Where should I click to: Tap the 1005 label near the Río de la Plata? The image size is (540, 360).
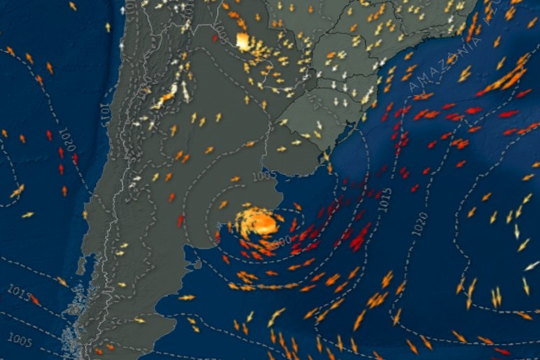[x=263, y=176]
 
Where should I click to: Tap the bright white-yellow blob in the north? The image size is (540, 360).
[x=243, y=42]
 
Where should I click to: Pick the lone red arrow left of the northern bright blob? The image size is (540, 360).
[x=215, y=39]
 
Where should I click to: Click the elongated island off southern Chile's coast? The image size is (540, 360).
[x=81, y=266]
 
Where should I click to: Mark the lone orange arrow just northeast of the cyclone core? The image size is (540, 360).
[x=297, y=206]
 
